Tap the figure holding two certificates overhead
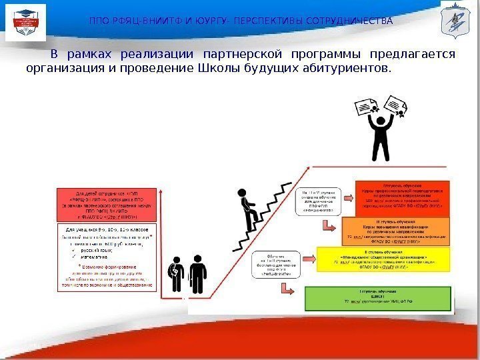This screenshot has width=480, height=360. (x=381, y=137)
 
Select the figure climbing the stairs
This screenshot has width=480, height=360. (x=248, y=207)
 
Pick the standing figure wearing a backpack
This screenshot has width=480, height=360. (x=177, y=273)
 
